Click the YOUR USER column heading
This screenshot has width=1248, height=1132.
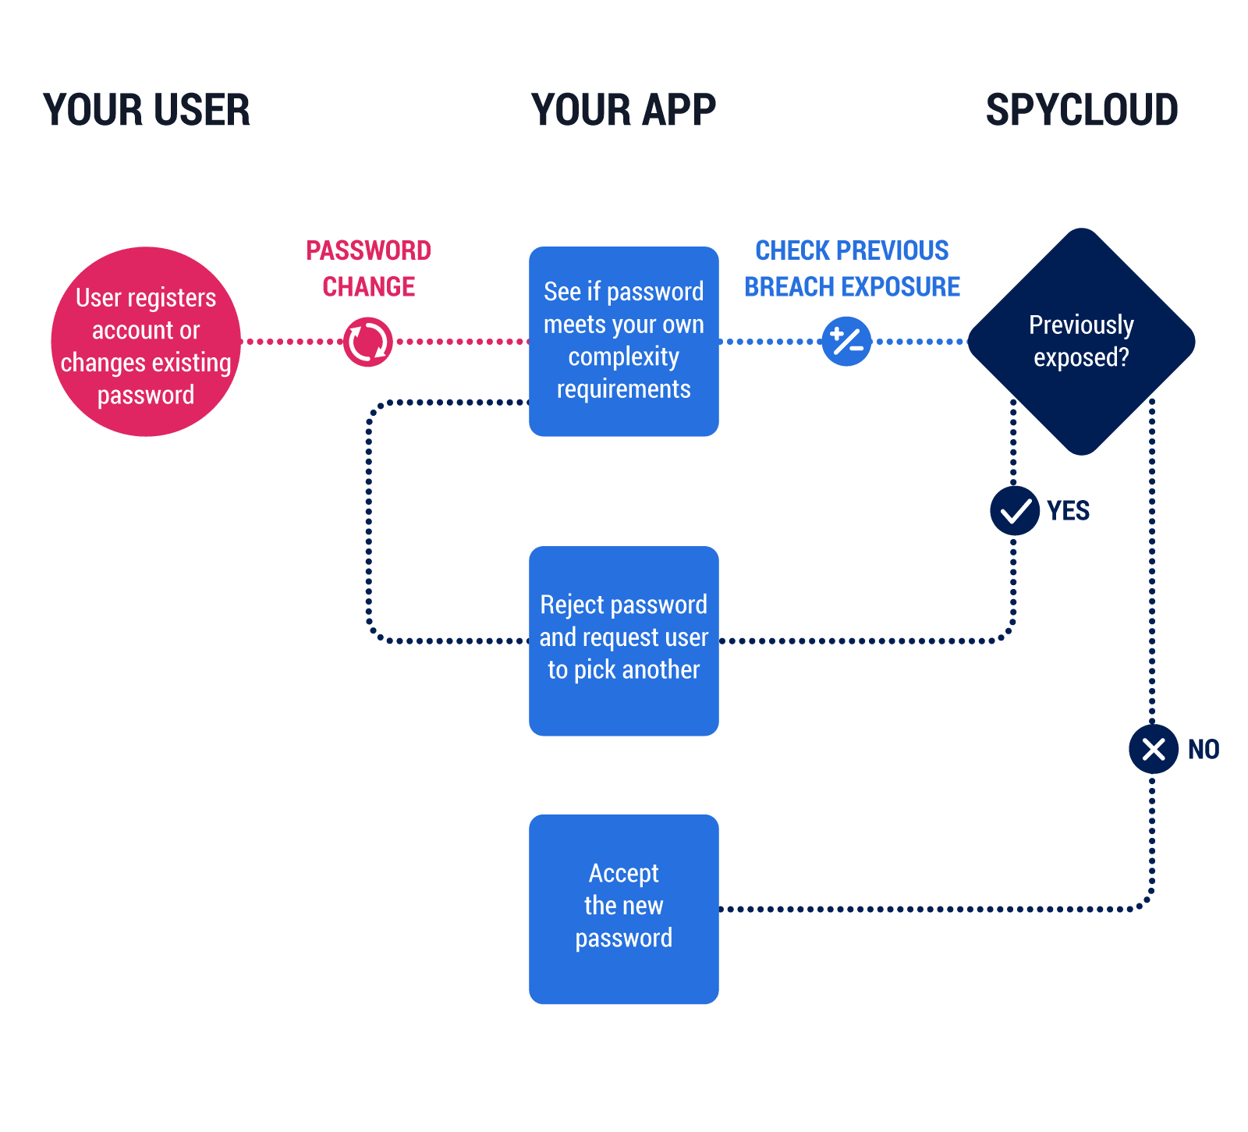[147, 110]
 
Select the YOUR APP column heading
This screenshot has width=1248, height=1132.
[623, 110]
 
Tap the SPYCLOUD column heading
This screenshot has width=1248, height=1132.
[1082, 110]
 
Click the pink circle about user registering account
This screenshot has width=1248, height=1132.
[146, 342]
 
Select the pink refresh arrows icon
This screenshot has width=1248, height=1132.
[367, 342]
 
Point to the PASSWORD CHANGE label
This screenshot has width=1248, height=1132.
[368, 268]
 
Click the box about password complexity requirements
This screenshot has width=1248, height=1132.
[623, 342]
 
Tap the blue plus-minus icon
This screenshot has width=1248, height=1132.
[846, 342]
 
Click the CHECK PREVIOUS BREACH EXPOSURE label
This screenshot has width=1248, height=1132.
[852, 268]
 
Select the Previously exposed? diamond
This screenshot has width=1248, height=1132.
[1081, 342]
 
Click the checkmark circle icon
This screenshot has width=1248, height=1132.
[1015, 511]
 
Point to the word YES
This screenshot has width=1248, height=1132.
[1068, 511]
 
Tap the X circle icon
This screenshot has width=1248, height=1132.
[1153, 750]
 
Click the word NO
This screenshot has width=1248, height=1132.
[1203, 750]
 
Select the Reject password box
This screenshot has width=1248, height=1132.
[623, 641]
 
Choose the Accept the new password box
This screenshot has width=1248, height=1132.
[623, 909]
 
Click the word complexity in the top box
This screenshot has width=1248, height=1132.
[623, 357]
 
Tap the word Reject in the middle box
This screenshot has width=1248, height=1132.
[572, 605]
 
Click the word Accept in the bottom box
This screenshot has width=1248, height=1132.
[623, 873]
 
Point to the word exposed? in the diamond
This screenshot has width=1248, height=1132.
[1081, 358]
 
